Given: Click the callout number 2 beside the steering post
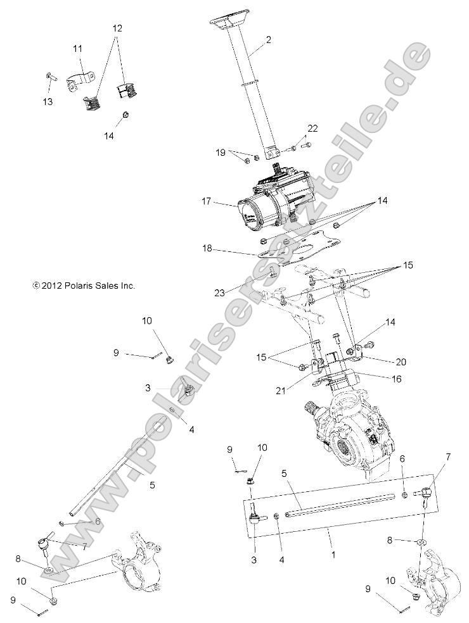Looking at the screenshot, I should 269,40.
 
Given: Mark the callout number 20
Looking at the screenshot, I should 401,362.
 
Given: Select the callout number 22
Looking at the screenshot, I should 312,129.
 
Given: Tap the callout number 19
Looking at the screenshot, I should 221,152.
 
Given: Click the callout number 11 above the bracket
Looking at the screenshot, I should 77,49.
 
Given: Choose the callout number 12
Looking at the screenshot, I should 118,28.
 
